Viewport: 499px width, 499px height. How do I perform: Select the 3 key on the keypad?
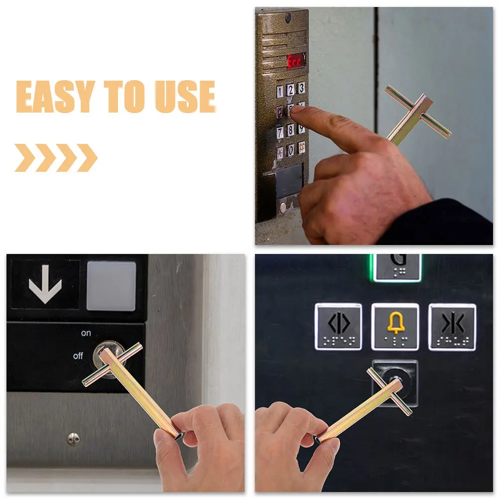pyautogui.click(x=301, y=88)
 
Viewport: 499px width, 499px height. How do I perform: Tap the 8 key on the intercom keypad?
pyautogui.click(x=291, y=130)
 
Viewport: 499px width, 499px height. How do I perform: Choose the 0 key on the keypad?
pyautogui.click(x=291, y=150)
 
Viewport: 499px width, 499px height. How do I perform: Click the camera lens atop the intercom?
pyautogui.click(x=288, y=18)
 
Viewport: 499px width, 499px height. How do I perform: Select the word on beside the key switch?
pyautogui.click(x=86, y=333)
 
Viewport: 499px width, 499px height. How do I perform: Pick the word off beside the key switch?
pyautogui.click(x=78, y=356)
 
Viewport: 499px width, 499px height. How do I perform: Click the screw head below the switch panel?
pyautogui.click(x=73, y=438)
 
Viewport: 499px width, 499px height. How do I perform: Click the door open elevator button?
pyautogui.click(x=339, y=327)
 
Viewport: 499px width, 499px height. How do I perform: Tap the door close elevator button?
pyautogui.click(x=452, y=327)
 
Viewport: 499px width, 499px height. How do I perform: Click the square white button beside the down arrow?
pyautogui.click(x=112, y=285)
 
